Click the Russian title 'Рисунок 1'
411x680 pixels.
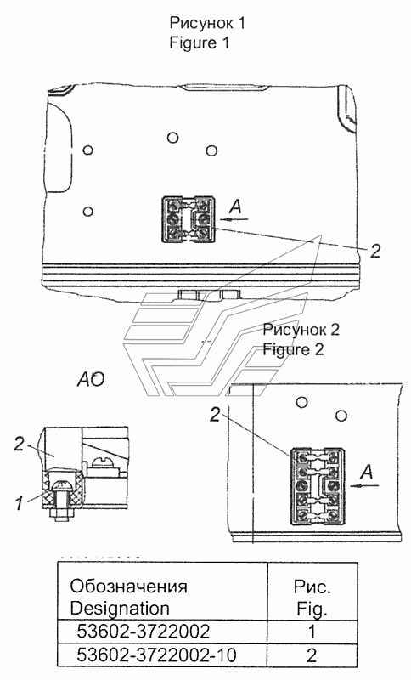[x=207, y=23]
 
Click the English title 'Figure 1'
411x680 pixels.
[x=200, y=43]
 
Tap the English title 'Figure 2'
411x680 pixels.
[x=293, y=350]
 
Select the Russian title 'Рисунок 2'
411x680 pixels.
[x=301, y=330]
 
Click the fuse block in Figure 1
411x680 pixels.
[x=189, y=220]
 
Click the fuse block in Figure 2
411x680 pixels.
[x=318, y=485]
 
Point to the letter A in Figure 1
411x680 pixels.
[x=234, y=207]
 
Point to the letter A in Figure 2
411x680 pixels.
[x=366, y=472]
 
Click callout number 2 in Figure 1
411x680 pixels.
[x=375, y=251]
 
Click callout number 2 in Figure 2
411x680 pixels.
[x=215, y=415]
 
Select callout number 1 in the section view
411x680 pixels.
[x=19, y=503]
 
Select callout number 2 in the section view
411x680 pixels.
[x=19, y=444]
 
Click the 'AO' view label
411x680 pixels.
[x=91, y=380]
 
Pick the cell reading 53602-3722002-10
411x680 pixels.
[x=157, y=655]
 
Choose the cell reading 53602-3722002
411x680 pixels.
[x=144, y=632]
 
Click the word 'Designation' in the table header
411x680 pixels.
[x=120, y=608]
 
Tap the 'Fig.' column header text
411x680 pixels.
[x=312, y=609]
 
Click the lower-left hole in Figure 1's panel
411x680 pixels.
[x=88, y=211]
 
